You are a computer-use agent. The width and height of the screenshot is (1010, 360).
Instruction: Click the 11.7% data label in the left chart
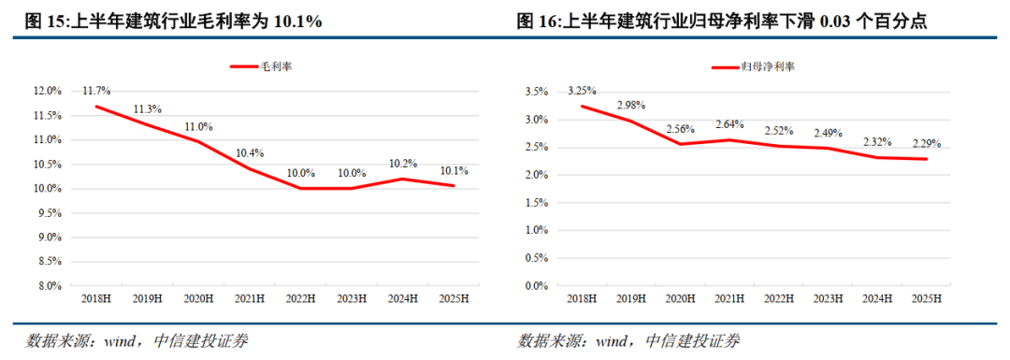click(96, 91)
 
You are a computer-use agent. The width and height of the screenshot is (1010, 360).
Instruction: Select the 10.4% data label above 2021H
click(248, 151)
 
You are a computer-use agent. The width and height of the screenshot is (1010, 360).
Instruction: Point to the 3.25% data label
click(581, 91)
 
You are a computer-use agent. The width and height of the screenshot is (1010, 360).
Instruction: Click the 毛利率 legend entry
click(265, 66)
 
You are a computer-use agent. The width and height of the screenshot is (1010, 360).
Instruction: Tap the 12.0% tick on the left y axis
click(48, 92)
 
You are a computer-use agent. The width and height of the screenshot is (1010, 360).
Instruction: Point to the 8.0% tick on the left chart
click(50, 286)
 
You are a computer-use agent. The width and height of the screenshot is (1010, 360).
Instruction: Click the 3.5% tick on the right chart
click(536, 92)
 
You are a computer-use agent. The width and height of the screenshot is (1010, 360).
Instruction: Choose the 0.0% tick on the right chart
click(536, 286)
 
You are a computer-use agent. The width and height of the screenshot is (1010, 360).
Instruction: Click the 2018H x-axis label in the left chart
click(96, 298)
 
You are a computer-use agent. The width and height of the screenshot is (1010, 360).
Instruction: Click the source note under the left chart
click(137, 340)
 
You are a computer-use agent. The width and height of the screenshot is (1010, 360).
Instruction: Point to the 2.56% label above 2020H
click(681, 128)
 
